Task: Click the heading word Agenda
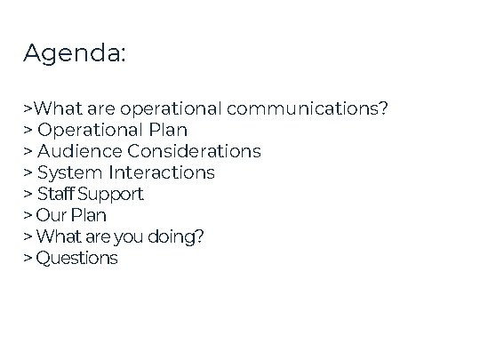[75, 54]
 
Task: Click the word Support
[110, 194]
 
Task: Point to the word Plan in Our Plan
[89, 215]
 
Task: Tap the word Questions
[76, 259]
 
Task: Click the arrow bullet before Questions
[28, 259]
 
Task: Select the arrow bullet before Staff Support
[28, 194]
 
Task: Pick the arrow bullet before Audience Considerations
[28, 151]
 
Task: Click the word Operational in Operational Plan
[89, 130]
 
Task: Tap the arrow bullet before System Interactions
[28, 172]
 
